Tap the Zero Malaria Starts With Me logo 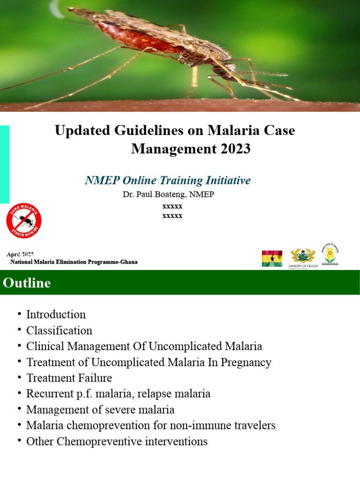(24, 220)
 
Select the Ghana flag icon (272, 258)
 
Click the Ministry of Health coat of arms (303, 256)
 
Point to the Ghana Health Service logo (330, 254)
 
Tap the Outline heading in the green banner (27, 283)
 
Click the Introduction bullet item (56, 315)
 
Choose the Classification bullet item (59, 330)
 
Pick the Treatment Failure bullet (69, 378)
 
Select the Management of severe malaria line (100, 410)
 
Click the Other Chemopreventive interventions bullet (117, 442)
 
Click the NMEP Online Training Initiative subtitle (168, 180)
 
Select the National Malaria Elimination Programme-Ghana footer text (74, 262)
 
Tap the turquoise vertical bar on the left (4, 164)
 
